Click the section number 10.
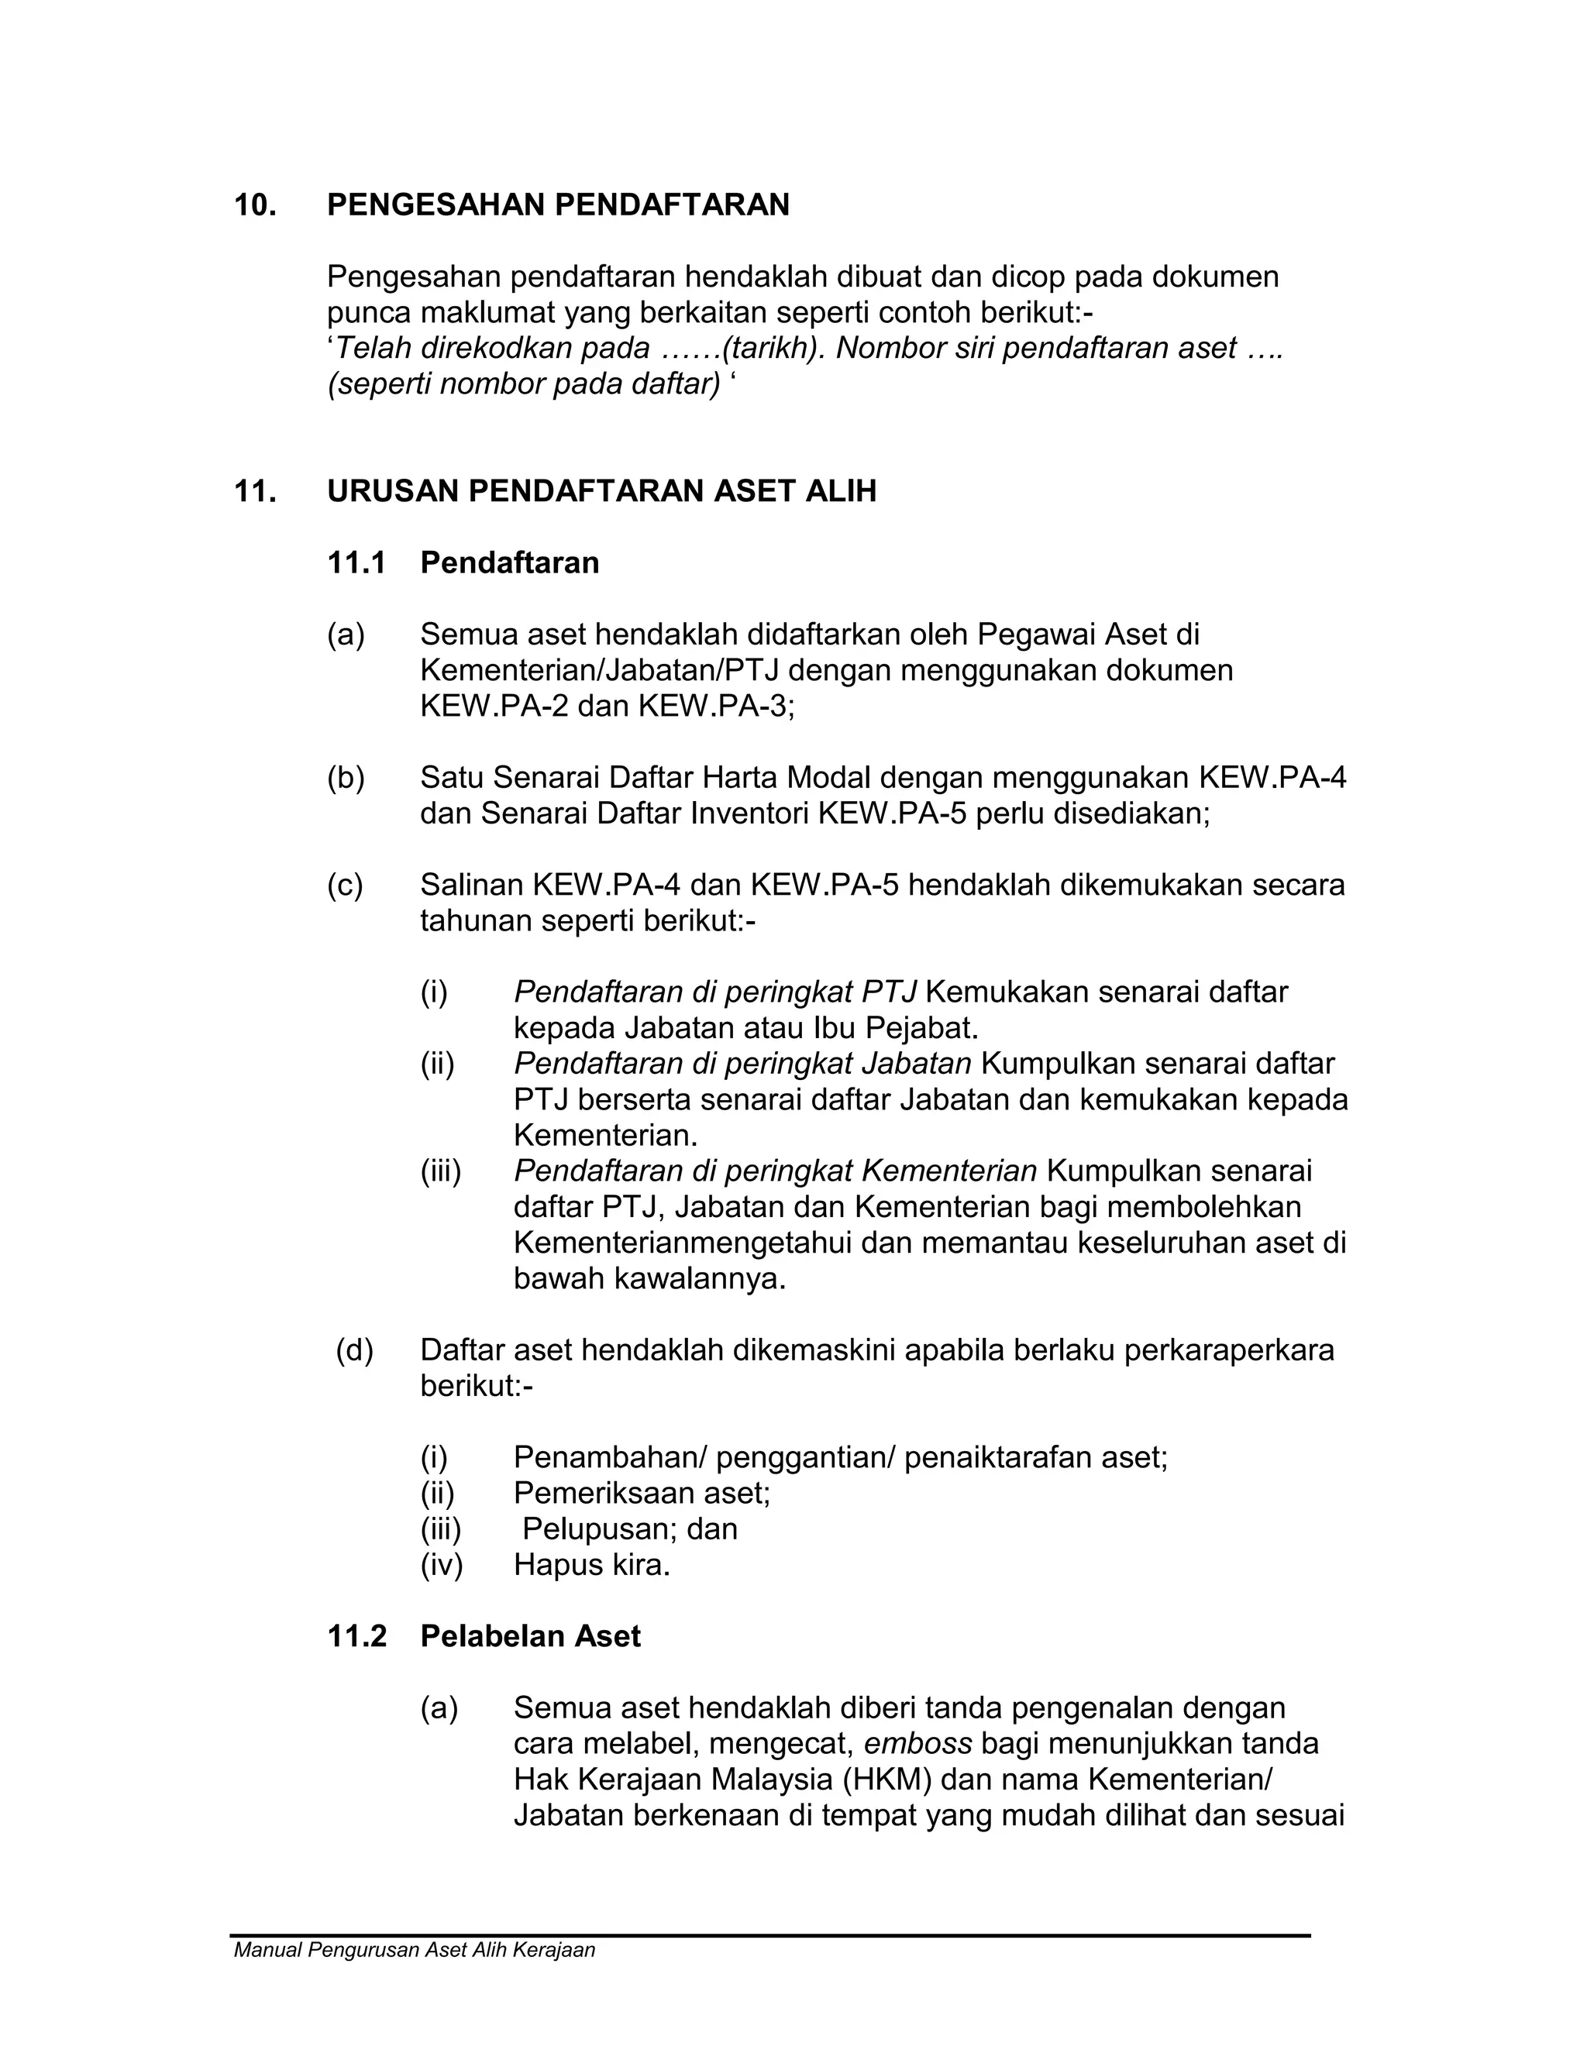pyautogui.click(x=255, y=205)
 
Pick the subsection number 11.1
pyautogui.click(x=356, y=563)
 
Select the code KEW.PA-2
pyautogui.click(x=493, y=706)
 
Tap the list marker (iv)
pyautogui.click(x=441, y=1565)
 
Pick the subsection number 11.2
pyautogui.click(x=356, y=1636)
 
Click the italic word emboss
pyautogui.click(x=917, y=1744)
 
